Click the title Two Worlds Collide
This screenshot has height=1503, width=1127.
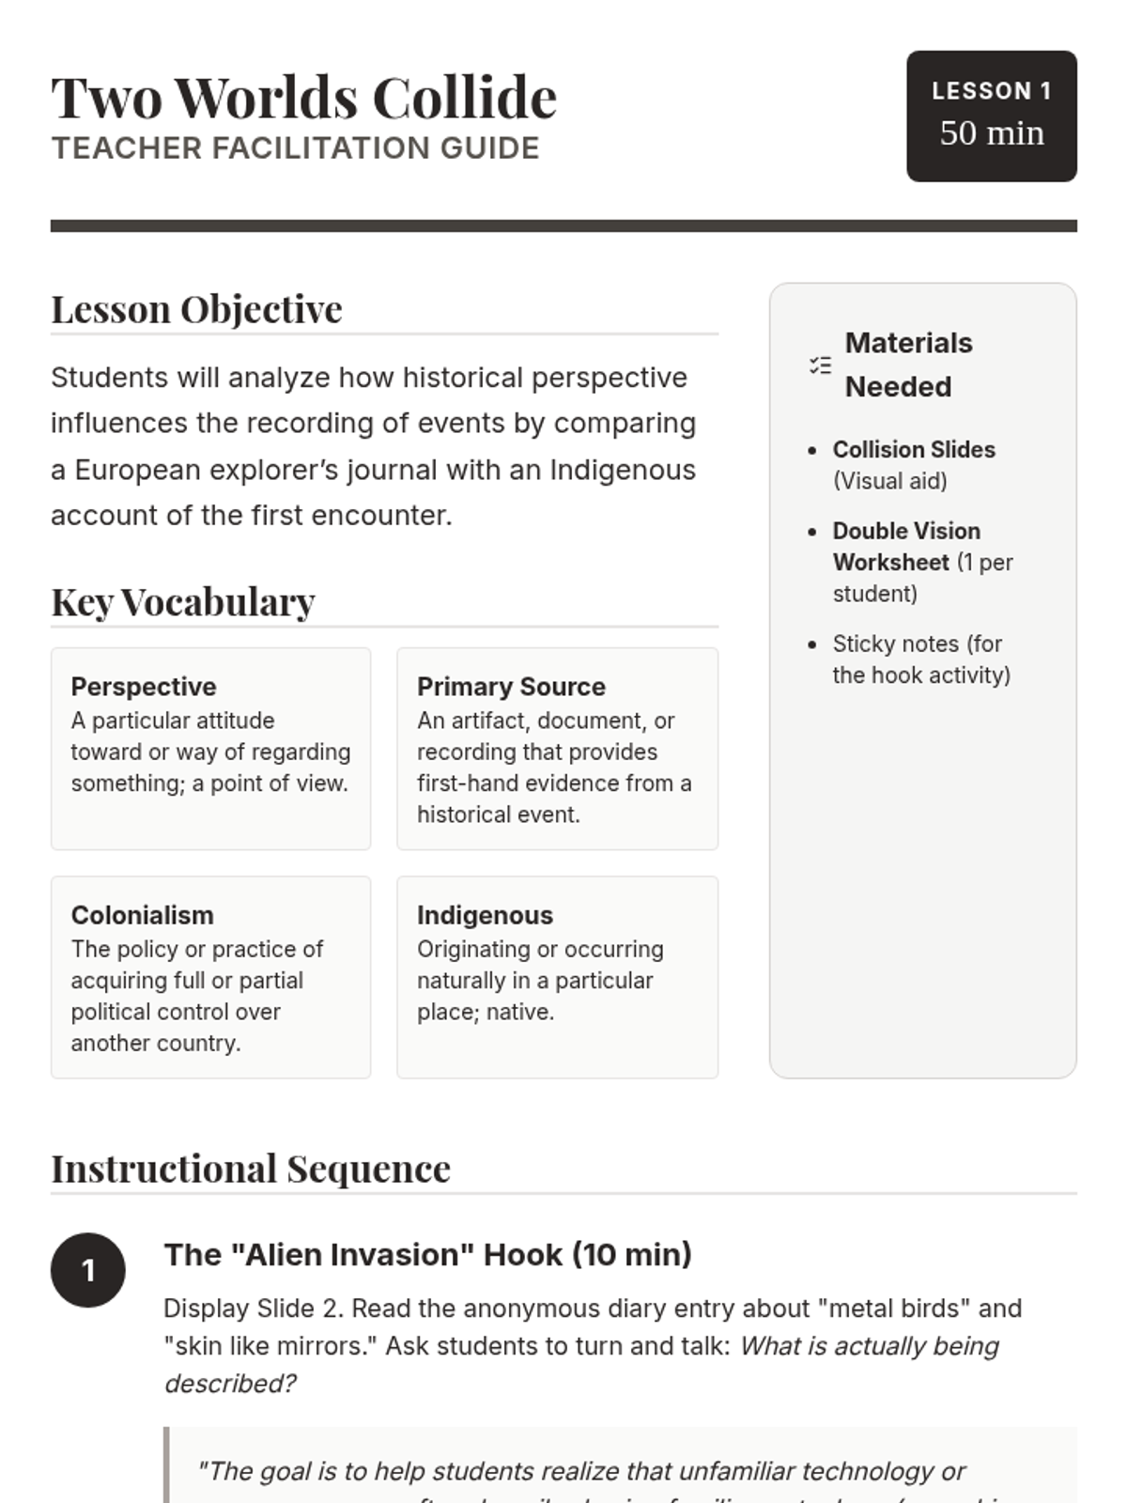303,98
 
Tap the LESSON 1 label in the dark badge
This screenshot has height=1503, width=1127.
991,91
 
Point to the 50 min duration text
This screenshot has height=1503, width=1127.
991,133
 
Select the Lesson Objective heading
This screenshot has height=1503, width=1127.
196,309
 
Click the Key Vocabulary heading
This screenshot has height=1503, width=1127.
183,602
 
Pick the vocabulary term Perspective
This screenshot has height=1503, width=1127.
144,687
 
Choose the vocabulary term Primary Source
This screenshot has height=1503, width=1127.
511,687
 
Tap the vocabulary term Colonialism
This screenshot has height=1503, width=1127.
143,915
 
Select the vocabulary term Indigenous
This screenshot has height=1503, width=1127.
485,915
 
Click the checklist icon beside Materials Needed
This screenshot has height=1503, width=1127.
820,365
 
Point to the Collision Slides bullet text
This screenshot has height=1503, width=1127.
914,450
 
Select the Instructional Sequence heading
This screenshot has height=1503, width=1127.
251,1170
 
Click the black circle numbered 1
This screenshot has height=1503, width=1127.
88,1270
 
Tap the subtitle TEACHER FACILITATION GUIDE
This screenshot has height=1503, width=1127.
295,148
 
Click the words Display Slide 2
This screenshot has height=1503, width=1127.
254,1309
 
